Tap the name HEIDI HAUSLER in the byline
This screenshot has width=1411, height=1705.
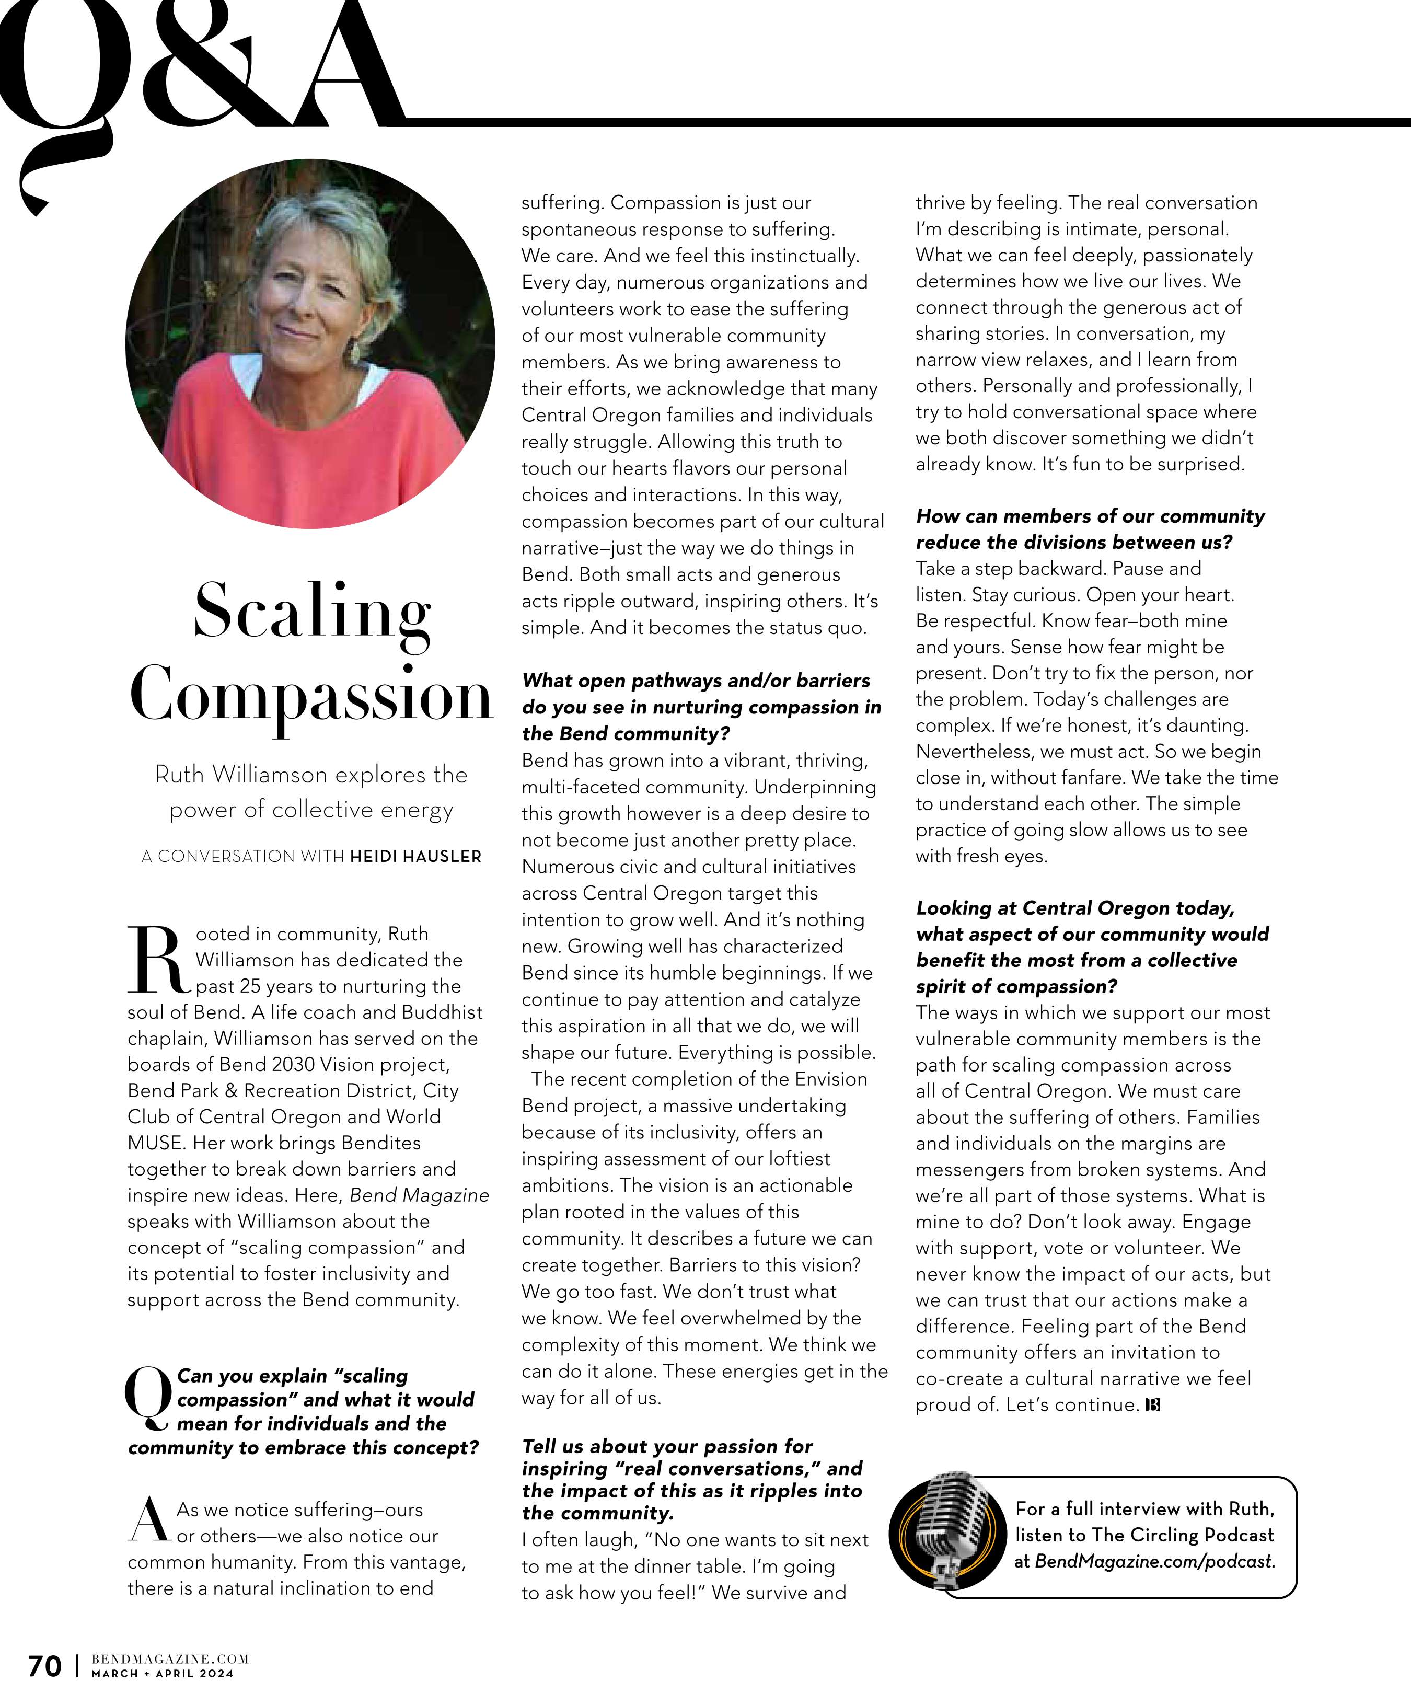[415, 857]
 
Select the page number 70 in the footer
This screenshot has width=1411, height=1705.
[44, 1666]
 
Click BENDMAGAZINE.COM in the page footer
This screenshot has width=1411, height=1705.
[170, 1658]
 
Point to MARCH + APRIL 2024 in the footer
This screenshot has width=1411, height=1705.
[163, 1673]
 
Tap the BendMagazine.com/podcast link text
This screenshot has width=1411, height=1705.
[1154, 1561]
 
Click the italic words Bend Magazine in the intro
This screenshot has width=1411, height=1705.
[419, 1195]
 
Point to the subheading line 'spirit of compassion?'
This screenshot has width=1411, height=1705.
[1016, 986]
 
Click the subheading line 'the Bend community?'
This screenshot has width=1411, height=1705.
[626, 734]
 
